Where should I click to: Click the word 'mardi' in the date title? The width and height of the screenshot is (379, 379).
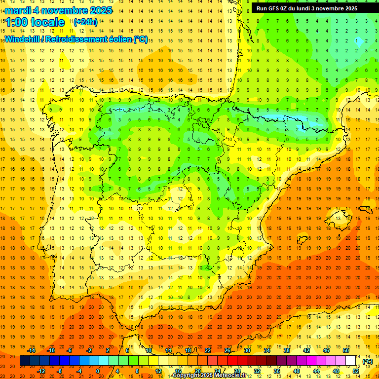[x=17, y=10]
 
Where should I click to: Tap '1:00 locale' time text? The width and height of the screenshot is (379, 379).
[x=35, y=22]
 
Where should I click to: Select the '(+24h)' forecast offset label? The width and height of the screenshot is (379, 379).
[x=85, y=22]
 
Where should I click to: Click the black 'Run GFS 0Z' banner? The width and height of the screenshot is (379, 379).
[x=311, y=8]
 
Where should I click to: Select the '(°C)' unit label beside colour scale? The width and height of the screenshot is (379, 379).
[x=367, y=361]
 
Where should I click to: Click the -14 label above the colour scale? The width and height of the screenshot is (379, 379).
[x=32, y=350]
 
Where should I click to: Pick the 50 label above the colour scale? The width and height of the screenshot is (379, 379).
[x=346, y=350]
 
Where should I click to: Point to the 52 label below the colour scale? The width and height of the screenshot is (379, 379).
[x=356, y=371]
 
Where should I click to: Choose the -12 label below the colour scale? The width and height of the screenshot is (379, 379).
[x=41, y=371]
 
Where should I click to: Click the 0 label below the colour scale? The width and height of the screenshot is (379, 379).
[x=98, y=371]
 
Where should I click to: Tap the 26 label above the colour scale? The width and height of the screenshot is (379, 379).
[x=227, y=350]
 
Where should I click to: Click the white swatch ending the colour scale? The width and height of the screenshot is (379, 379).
[x=351, y=361]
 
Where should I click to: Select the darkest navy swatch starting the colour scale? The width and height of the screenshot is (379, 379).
[x=25, y=361]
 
